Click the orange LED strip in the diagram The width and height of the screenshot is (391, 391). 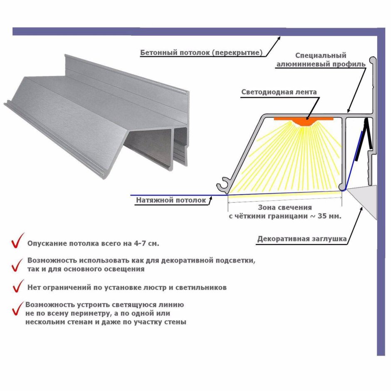tap(304, 121)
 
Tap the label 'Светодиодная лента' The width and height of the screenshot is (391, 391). tap(279, 92)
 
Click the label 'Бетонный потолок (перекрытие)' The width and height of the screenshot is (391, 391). tap(201, 52)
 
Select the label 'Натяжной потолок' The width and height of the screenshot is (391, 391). tap(171, 200)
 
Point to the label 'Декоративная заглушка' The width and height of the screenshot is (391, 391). tap(302, 239)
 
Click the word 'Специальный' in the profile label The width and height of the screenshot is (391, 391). tap(321, 55)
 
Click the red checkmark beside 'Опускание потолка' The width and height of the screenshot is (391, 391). tap(17, 241)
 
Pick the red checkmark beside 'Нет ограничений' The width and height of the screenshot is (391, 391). tap(18, 286)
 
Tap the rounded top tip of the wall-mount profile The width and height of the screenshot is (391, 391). tap(373, 59)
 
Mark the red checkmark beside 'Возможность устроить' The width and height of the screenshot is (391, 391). tap(17, 308)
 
